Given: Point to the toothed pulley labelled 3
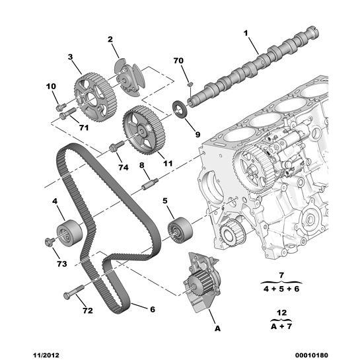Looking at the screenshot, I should point(93,98).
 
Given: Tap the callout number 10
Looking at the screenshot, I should point(52,87).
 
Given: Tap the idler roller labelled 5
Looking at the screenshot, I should point(178,230).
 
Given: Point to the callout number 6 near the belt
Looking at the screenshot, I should point(152,308).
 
